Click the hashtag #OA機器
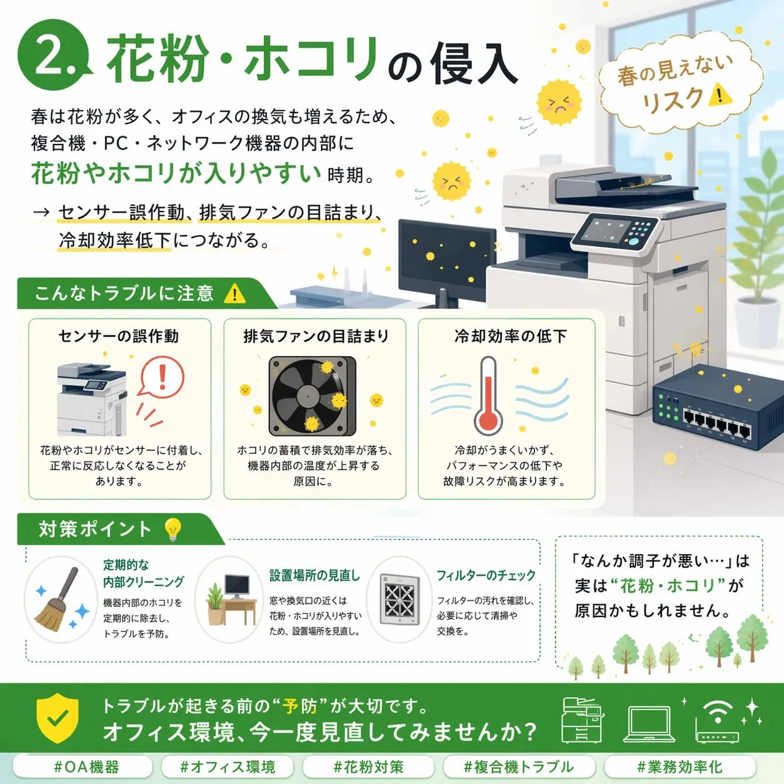pyautogui.click(x=83, y=767)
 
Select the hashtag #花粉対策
pyautogui.click(x=368, y=767)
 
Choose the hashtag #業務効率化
pyautogui.click(x=680, y=767)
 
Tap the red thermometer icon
pyautogui.click(x=488, y=396)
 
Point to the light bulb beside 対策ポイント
pyautogui.click(x=173, y=530)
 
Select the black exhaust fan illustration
pyautogui.click(x=312, y=396)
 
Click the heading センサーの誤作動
pyautogui.click(x=118, y=336)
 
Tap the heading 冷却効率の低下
pyautogui.click(x=511, y=336)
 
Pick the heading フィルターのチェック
pyautogui.click(x=486, y=576)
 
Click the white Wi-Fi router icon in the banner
pyautogui.click(x=718, y=720)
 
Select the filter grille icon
pyautogui.click(x=399, y=600)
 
